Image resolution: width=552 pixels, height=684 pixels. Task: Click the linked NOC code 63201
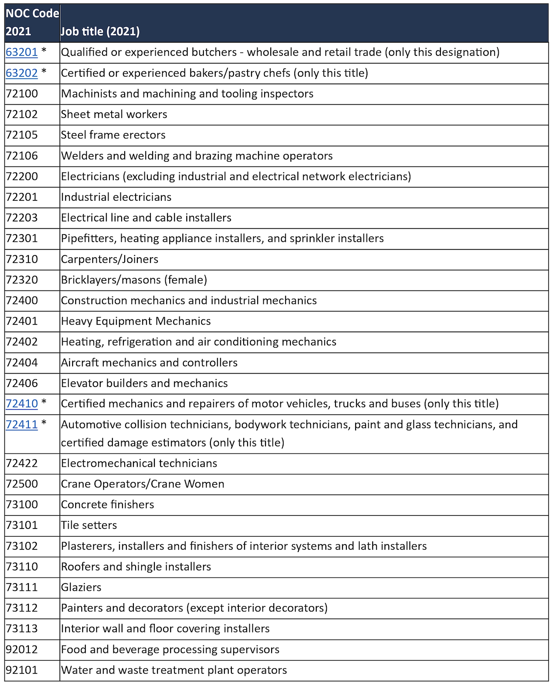[x=21, y=52]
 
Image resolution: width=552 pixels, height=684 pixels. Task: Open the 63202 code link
[x=21, y=73]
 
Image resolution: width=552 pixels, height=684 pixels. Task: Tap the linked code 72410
[x=21, y=404]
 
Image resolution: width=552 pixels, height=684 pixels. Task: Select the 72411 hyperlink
[x=21, y=425]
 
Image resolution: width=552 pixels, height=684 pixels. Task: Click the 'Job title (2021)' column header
[x=100, y=31]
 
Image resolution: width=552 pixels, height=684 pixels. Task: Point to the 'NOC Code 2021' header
[x=31, y=23]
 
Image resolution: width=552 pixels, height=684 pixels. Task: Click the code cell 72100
[x=22, y=94]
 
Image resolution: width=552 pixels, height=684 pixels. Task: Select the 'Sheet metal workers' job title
[x=114, y=114]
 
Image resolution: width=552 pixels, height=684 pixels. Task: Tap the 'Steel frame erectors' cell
[x=113, y=135]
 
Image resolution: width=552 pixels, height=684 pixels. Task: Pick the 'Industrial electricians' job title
[x=116, y=197]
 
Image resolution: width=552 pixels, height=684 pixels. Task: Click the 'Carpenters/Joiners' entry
[x=110, y=259]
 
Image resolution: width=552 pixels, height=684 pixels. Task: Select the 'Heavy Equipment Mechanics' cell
[x=136, y=321]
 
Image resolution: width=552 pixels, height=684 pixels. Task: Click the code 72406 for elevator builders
[x=22, y=383]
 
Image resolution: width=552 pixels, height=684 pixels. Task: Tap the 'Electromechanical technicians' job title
[x=139, y=463]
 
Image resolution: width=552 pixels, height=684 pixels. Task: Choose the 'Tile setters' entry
[x=89, y=525]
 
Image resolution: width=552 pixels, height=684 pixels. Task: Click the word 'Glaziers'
[x=81, y=587]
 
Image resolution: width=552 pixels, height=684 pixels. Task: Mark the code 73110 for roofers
[x=22, y=567]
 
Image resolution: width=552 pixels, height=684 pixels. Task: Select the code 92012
[x=22, y=649]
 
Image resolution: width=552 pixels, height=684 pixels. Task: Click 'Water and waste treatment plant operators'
[x=174, y=670]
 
